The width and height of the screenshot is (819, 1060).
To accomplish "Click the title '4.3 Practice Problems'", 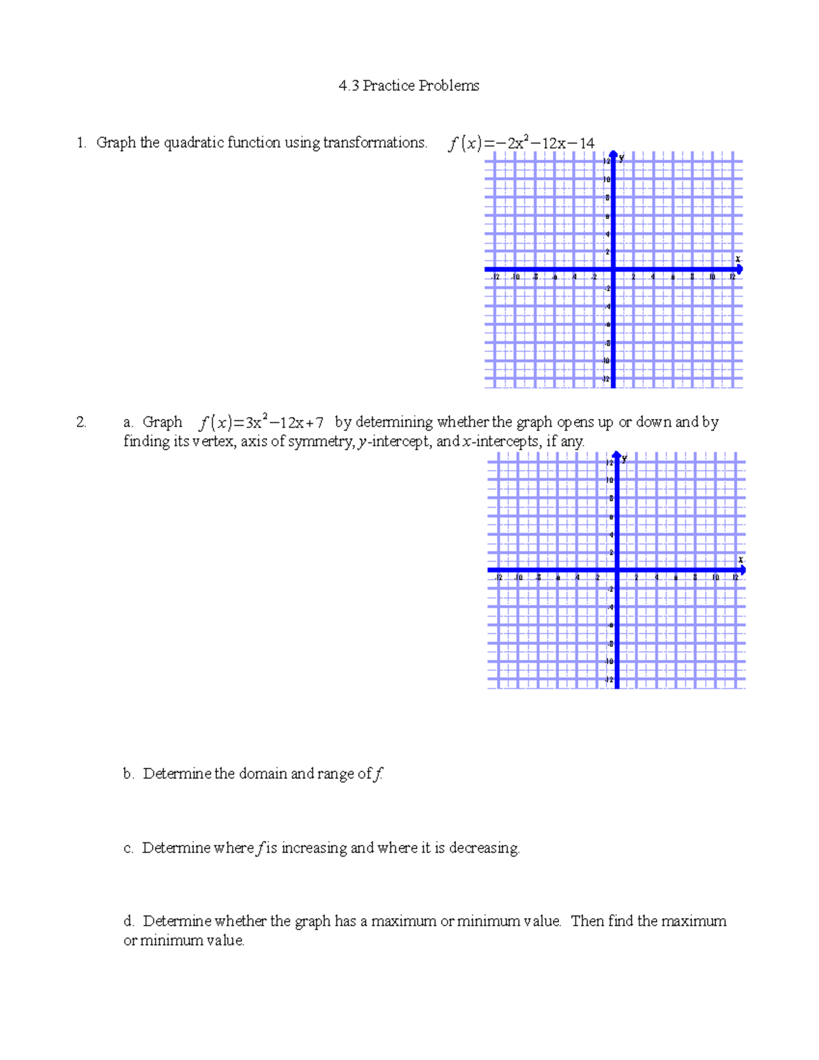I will point(409,86).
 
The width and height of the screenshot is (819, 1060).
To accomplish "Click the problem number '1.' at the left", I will point(81,143).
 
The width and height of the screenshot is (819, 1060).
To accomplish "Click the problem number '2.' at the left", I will point(81,422).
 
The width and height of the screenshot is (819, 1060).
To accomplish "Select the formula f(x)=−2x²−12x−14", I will point(521,143).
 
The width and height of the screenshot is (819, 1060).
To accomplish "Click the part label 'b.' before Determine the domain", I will point(128,774).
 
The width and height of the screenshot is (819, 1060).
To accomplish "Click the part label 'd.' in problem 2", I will point(128,921).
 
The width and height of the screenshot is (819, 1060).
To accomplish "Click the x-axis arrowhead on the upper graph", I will point(739,270).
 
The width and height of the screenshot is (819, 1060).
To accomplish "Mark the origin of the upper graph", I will point(613,270).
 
